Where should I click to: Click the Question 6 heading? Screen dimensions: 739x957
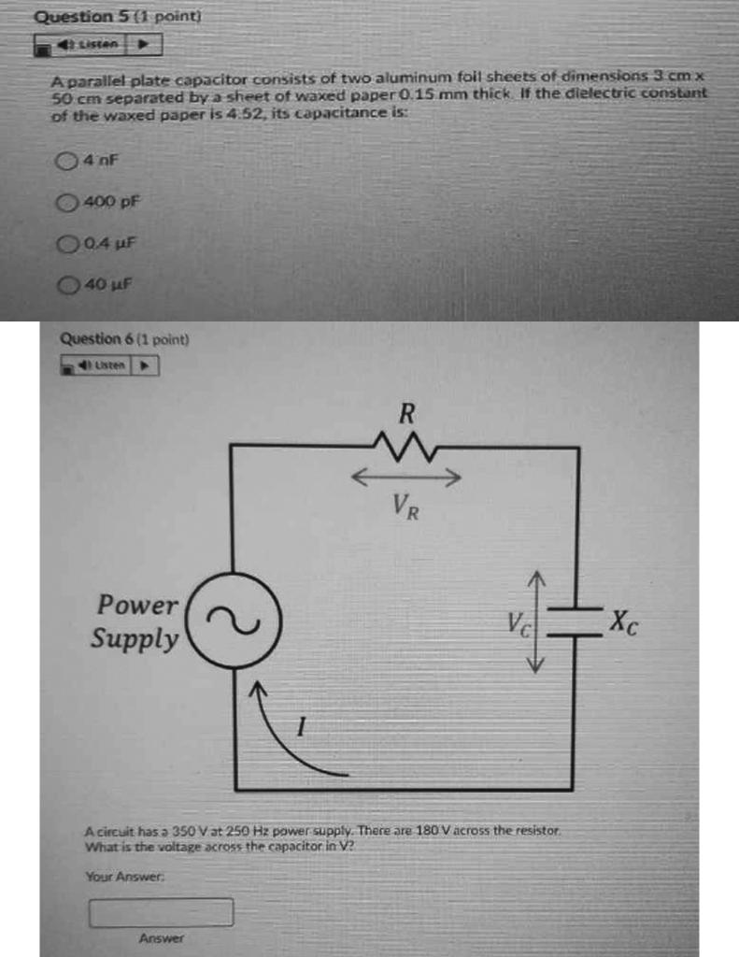pyautogui.click(x=124, y=339)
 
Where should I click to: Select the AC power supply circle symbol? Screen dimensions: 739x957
pyautogui.click(x=234, y=620)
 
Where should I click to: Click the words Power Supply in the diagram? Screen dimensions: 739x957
pyautogui.click(x=136, y=622)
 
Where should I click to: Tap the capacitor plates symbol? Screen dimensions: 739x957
pyautogui.click(x=575, y=621)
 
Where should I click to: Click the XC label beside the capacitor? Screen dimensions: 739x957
pyautogui.click(x=623, y=621)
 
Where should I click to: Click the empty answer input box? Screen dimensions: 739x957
pyautogui.click(x=161, y=912)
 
